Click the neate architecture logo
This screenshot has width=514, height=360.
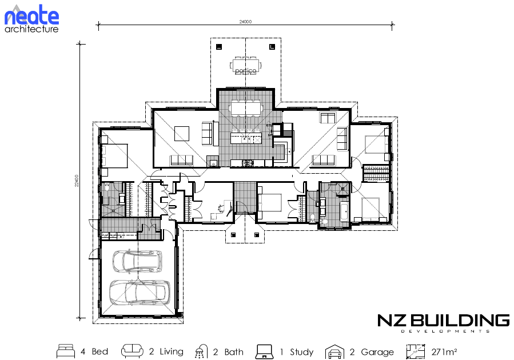pos(31,19)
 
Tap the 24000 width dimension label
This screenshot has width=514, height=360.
pos(245,22)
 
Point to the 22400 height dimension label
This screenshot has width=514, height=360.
pos(77,181)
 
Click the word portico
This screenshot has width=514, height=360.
pos(245,70)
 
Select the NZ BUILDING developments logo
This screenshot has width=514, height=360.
pos(444,323)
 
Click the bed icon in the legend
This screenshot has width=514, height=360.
pos(66,351)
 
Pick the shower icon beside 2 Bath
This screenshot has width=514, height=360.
pos(201,351)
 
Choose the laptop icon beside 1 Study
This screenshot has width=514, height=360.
pos(264,351)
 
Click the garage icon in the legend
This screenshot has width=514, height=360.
pos(334,352)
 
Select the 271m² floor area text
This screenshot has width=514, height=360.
pos(444,352)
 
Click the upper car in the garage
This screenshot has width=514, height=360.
pos(137,261)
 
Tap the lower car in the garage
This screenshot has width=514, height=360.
pos(140,292)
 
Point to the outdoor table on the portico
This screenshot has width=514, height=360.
pos(245,66)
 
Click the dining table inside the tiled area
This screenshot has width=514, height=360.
pos(246,108)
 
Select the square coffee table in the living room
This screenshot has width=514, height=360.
pos(182,134)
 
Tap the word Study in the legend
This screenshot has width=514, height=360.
pos(301,352)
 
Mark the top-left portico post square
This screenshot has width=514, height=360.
pos(219,47)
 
